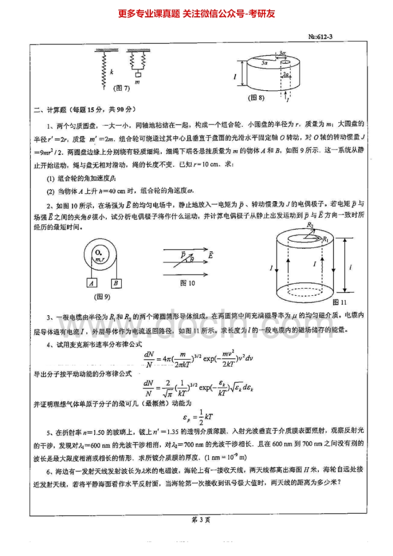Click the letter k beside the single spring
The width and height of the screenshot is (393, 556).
[x=112, y=72]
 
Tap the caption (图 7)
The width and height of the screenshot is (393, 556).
[x=122, y=88]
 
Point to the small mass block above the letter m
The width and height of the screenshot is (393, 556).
[x=137, y=74]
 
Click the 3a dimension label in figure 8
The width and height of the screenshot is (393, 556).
[x=282, y=53]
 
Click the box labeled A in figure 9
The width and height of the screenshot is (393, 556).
[x=91, y=283]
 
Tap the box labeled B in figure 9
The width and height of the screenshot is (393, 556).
[x=115, y=283]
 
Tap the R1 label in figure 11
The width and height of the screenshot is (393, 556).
[x=326, y=239]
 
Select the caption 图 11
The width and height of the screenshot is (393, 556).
[x=339, y=302]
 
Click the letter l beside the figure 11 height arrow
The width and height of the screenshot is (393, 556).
[x=351, y=267]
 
